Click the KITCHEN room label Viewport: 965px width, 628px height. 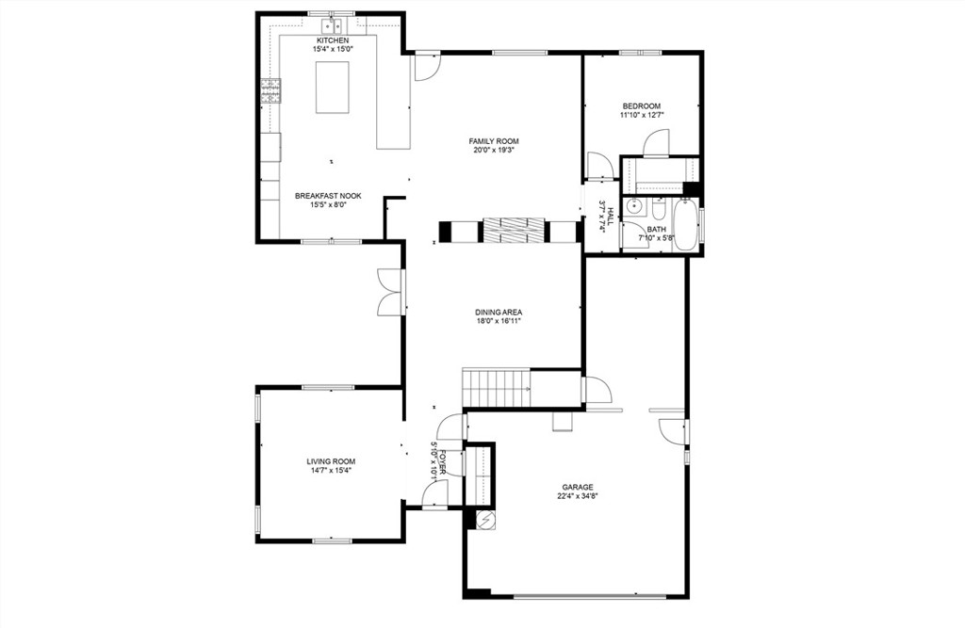pyautogui.click(x=333, y=40)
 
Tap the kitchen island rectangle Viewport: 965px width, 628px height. pyautogui.click(x=333, y=88)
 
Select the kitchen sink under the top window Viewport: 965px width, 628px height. pyautogui.click(x=333, y=25)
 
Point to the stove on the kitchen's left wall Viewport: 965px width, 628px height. pyautogui.click(x=270, y=91)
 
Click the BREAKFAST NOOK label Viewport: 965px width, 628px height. pyautogui.click(x=328, y=196)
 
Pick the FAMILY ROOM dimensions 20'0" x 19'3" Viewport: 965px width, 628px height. pyautogui.click(x=494, y=150)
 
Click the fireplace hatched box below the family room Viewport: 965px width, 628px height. pyautogui.click(x=514, y=231)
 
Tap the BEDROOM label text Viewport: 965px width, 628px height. pyautogui.click(x=641, y=106)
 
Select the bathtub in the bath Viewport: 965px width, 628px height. pyautogui.click(x=684, y=224)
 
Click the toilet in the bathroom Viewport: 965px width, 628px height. pyautogui.click(x=658, y=209)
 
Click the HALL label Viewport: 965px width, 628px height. pyautogui.click(x=610, y=217)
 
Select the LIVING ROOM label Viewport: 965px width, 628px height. pyautogui.click(x=331, y=461)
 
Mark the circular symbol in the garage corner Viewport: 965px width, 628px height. pyautogui.click(x=485, y=520)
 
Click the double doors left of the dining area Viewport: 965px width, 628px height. pyautogui.click(x=390, y=292)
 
